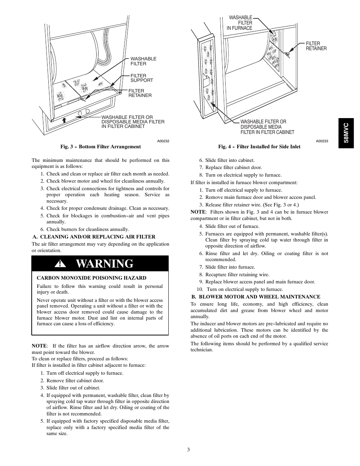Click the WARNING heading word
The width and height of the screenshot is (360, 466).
click(105, 264)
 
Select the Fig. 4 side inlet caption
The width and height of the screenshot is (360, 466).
click(259, 147)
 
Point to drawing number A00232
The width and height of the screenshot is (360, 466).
click(163, 141)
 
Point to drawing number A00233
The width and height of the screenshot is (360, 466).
click(322, 141)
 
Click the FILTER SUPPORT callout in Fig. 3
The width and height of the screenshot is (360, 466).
click(142, 78)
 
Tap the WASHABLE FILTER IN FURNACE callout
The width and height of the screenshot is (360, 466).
click(240, 23)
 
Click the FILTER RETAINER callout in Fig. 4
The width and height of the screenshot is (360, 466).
click(316, 46)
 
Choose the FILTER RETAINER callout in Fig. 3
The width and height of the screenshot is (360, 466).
click(140, 93)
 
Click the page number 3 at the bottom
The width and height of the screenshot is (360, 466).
click(188, 450)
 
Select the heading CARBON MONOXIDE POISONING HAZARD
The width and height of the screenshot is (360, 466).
click(91, 278)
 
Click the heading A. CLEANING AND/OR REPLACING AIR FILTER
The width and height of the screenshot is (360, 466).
click(94, 237)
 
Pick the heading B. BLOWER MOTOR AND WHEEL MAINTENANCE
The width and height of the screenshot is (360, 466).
click(255, 297)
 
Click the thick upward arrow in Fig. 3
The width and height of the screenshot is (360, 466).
click(64, 120)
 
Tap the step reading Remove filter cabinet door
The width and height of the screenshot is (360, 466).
click(75, 380)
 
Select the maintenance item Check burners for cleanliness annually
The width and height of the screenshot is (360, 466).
click(88, 229)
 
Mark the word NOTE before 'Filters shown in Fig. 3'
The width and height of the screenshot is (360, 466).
click(198, 212)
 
